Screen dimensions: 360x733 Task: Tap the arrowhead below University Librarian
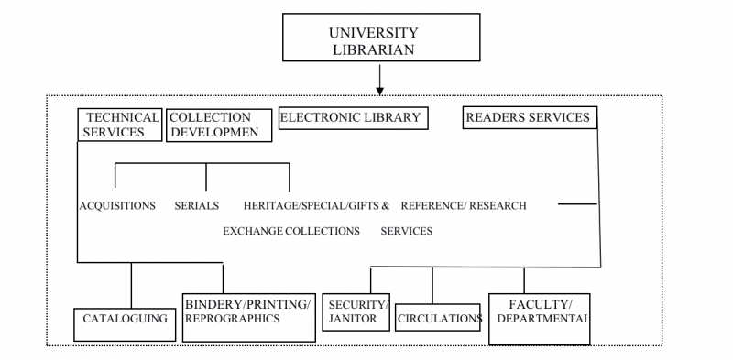379,91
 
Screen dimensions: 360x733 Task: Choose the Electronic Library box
352,117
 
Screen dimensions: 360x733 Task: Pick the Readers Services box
528,117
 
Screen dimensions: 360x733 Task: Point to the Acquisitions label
116,205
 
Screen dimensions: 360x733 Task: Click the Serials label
196,205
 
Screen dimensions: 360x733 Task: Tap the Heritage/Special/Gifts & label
316,205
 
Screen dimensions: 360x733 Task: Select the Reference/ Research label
463,205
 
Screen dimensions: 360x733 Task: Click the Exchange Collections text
290,231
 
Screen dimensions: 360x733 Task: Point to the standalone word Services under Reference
406,231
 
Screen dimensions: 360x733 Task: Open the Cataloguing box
125,321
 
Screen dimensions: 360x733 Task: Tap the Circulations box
438,318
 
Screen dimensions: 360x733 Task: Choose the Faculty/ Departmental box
539,318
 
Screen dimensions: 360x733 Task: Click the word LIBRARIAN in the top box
378,49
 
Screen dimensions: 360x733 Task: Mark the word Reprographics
232,319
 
